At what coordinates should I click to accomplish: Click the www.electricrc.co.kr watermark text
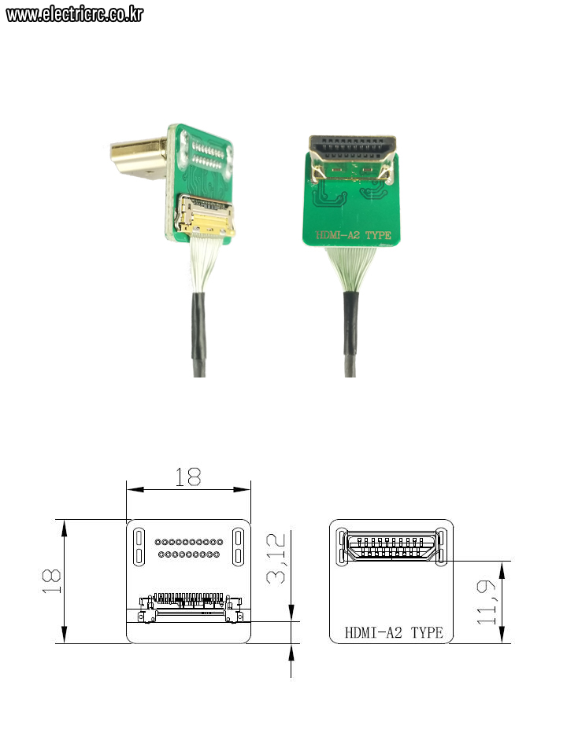tap(75, 14)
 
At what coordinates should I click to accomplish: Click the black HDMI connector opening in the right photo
tap(353, 149)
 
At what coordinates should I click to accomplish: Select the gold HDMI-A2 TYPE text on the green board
tap(354, 235)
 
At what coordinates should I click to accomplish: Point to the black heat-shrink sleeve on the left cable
tap(199, 326)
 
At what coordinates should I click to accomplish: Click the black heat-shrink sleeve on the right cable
tap(351, 326)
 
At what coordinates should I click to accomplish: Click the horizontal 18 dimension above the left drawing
tap(187, 477)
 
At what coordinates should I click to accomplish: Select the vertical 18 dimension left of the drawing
tap(51, 581)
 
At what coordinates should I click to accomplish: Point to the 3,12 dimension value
tap(276, 558)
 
